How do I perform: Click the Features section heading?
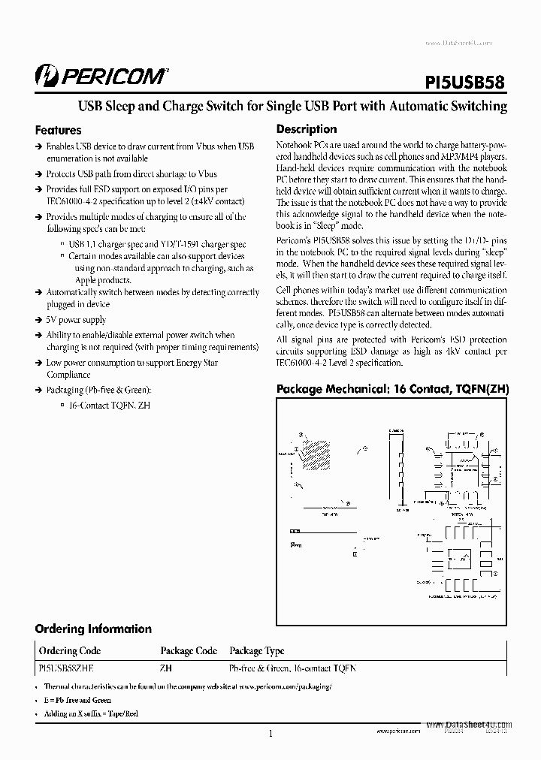(59, 130)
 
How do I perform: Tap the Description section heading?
(307, 129)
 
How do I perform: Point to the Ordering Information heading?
(93, 629)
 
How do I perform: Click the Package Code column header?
(189, 651)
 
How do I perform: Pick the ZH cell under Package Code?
(165, 668)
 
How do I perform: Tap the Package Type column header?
(257, 651)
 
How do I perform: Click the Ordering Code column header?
(70, 651)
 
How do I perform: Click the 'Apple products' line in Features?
(90, 280)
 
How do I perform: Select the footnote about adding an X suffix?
(91, 713)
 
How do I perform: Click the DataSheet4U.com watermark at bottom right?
(469, 725)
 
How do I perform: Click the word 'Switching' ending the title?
(479, 106)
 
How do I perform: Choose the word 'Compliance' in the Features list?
(69, 375)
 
